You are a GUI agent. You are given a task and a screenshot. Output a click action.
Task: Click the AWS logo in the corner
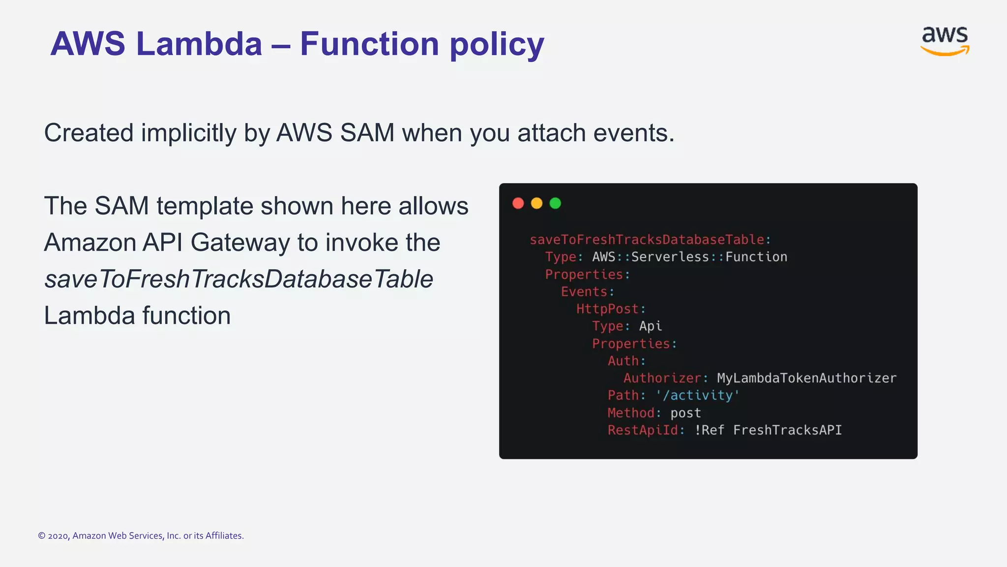[945, 41]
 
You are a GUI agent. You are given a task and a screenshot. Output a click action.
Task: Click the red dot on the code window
[518, 203]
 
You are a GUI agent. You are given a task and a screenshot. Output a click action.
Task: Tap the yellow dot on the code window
[536, 203]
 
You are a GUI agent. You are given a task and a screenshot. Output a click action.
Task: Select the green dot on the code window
[555, 203]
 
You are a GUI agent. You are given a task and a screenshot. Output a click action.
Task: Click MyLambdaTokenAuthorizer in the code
[806, 378]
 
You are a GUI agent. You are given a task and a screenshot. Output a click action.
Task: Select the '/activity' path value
[697, 395]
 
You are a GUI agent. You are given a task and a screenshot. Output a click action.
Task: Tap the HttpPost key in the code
[607, 309]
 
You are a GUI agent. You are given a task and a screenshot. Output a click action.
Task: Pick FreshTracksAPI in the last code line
[787, 430]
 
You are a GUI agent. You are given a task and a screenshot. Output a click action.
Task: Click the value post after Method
[685, 413]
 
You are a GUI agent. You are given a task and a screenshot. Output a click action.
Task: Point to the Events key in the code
[584, 292]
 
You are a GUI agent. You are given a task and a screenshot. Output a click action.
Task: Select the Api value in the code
[651, 326]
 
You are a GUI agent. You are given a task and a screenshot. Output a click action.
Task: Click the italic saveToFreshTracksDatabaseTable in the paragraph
[238, 279]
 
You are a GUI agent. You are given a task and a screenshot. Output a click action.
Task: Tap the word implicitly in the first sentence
[189, 133]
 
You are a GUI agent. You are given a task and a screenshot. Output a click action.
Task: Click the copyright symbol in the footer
[42, 536]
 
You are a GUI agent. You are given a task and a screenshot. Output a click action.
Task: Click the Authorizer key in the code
[662, 378]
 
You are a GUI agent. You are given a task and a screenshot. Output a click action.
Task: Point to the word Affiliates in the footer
[224, 536]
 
